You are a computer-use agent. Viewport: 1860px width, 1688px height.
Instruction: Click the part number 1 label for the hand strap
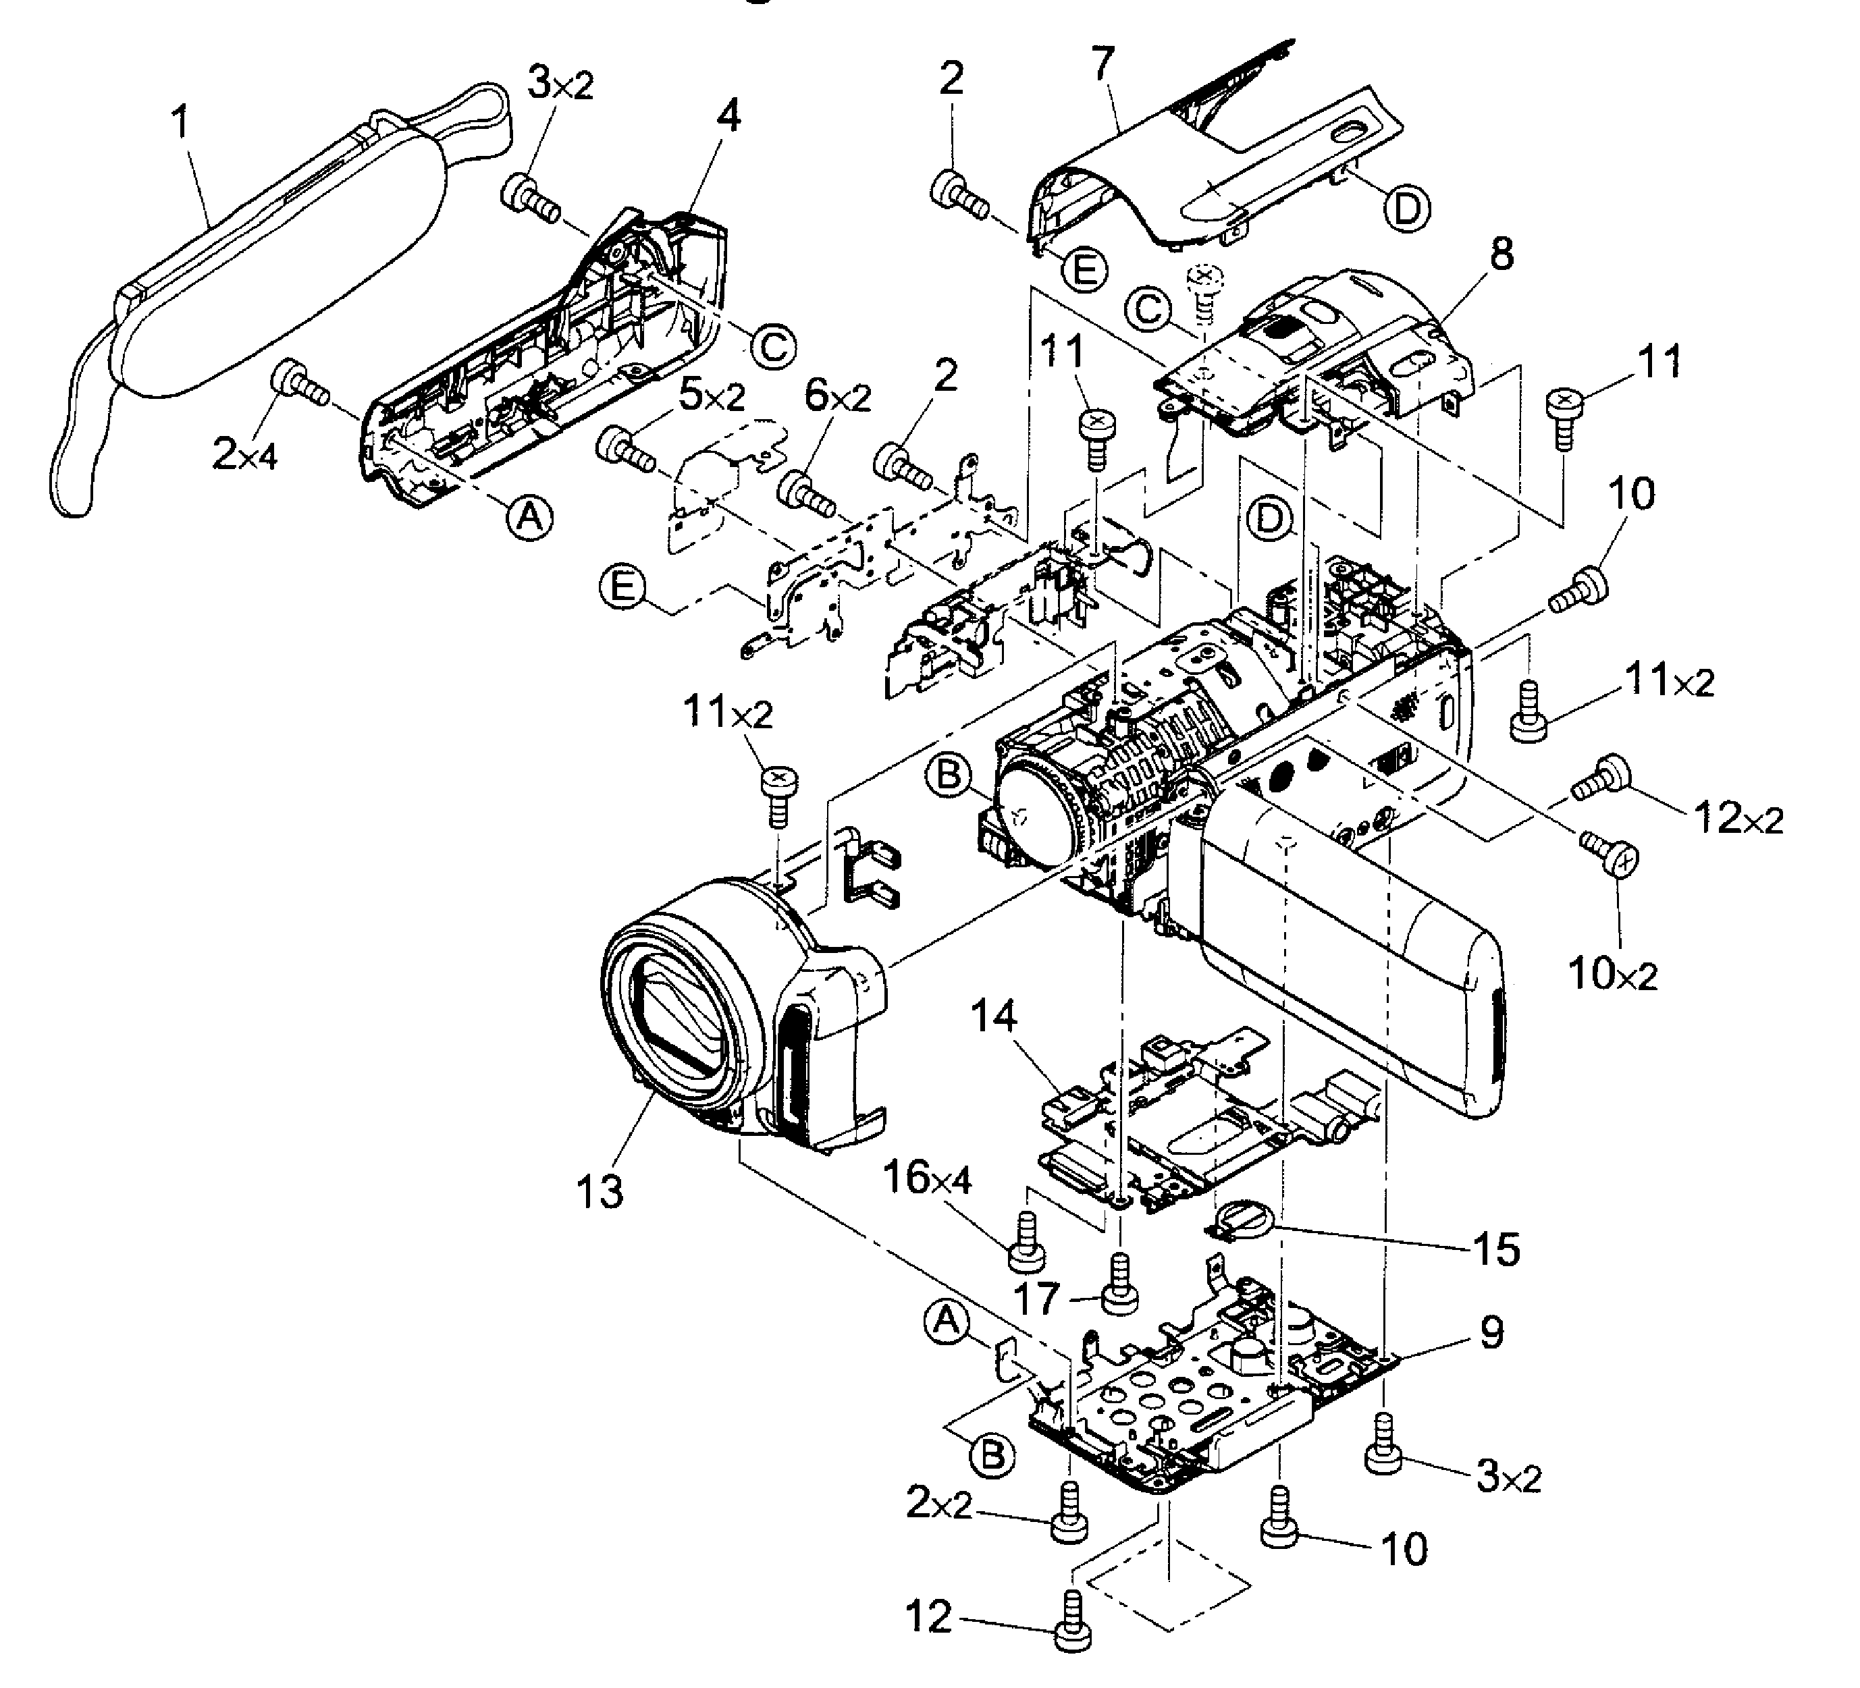click(x=182, y=121)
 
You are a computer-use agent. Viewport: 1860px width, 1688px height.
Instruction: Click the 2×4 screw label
click(x=244, y=454)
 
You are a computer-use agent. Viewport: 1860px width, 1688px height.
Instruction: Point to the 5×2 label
click(x=712, y=397)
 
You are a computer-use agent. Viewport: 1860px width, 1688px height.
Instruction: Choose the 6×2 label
click(x=838, y=397)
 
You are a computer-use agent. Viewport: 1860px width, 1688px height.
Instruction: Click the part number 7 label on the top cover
click(x=1102, y=63)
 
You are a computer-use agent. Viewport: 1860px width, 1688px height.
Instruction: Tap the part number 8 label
click(x=1502, y=254)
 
